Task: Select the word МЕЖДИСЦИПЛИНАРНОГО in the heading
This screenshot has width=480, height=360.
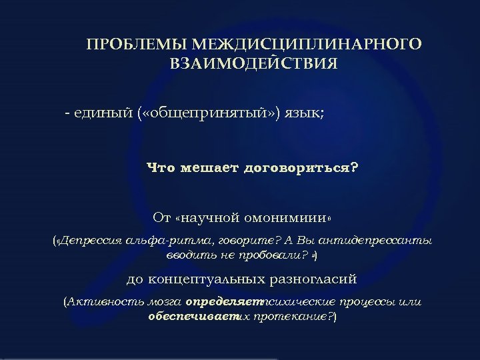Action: (x=306, y=45)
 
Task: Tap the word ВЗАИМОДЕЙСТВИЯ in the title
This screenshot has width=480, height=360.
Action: (x=253, y=65)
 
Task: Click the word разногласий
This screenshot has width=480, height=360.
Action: (x=323, y=279)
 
